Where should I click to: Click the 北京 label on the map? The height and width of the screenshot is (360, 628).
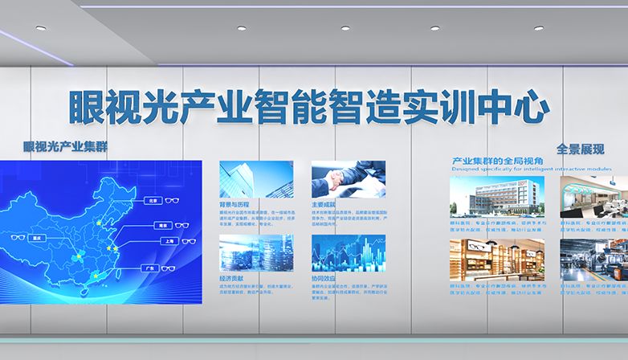point(153,199)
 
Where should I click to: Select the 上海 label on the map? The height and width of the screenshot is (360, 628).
point(169,240)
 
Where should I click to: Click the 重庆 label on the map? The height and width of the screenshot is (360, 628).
point(35,238)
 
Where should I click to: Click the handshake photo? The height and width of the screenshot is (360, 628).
point(348,179)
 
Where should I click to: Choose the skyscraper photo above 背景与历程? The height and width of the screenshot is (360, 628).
point(256,179)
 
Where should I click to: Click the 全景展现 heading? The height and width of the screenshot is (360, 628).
point(580,149)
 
